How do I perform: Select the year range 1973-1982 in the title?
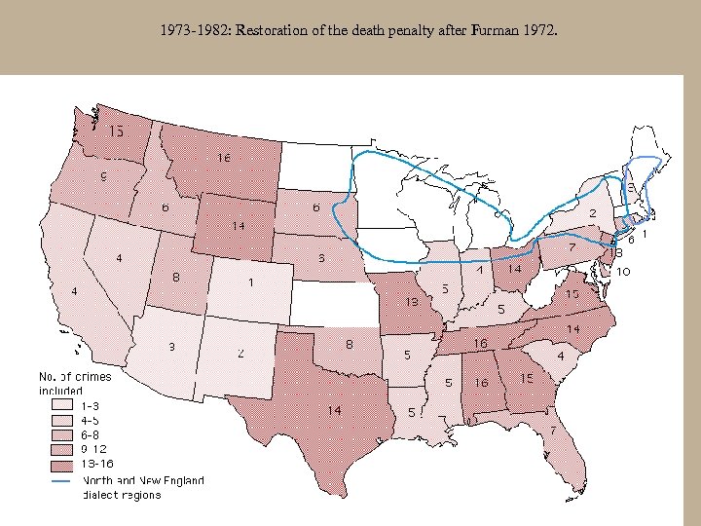pyautogui.click(x=192, y=31)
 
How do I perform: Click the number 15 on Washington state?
pyautogui.click(x=115, y=131)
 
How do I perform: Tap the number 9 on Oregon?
pyautogui.click(x=103, y=176)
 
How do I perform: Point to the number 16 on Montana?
pyautogui.click(x=223, y=158)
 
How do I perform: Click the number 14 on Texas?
pyautogui.click(x=333, y=410)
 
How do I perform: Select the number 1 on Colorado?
pyautogui.click(x=251, y=282)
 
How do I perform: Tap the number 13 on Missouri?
pyautogui.click(x=412, y=301)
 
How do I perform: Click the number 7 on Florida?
pyautogui.click(x=553, y=430)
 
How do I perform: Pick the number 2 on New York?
pyautogui.click(x=592, y=212)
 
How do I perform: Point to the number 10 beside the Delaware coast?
pyautogui.click(x=621, y=271)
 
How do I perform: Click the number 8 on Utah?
pyautogui.click(x=175, y=277)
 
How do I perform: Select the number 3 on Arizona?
pyautogui.click(x=171, y=347)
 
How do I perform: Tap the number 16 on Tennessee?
pyautogui.click(x=481, y=344)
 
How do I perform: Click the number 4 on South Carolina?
pyautogui.click(x=561, y=356)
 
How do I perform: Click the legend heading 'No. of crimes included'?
pyautogui.click(x=74, y=383)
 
